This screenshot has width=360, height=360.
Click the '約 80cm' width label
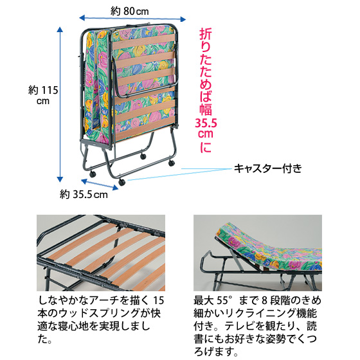coord(129,11)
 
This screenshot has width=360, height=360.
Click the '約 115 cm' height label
coord(43,95)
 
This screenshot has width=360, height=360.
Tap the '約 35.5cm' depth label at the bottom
coord(84,195)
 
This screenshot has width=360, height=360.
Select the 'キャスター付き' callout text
coord(267,168)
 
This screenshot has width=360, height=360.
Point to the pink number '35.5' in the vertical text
coord(206,123)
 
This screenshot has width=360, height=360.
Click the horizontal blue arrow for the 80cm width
coord(132,19)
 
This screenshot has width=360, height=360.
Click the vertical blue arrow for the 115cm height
coord(60,104)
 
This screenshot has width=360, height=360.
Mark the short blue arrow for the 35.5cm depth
coord(100,184)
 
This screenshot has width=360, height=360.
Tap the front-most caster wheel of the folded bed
coord(122,183)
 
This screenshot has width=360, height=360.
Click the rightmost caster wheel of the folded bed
coord(171,163)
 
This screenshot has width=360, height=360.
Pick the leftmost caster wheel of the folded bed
coord(93,174)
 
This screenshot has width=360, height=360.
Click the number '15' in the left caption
coord(158,300)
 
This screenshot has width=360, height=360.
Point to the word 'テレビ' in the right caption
coord(238,327)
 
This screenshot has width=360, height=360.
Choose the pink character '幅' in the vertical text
coord(206,109)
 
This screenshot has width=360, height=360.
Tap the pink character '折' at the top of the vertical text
coord(206,34)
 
